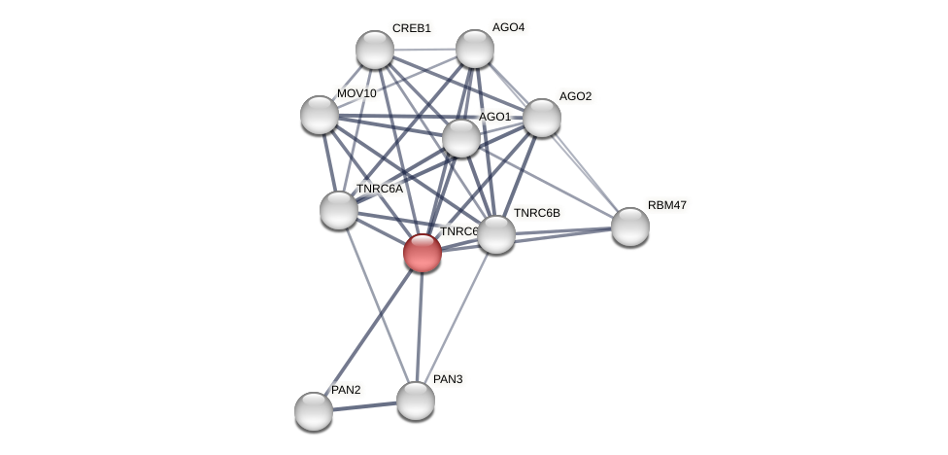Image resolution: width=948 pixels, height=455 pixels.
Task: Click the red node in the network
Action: point(423,253)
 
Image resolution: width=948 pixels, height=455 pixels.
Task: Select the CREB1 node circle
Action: point(375,50)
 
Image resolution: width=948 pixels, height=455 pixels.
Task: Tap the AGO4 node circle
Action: point(475,49)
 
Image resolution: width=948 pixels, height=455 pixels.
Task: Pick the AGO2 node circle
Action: point(542,118)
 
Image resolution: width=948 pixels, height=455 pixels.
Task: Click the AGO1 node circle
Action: point(461,138)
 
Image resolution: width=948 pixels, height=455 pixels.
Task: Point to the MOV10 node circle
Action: point(320,115)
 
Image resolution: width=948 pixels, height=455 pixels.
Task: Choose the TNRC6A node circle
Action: point(339,210)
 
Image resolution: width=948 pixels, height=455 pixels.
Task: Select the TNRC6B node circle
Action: point(496,234)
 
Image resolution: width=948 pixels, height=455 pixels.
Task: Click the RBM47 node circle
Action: point(630,227)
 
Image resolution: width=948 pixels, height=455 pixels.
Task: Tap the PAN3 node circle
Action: point(416,401)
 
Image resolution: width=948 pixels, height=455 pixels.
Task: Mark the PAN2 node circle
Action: point(314,411)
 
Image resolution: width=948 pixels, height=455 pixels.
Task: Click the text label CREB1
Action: point(412,28)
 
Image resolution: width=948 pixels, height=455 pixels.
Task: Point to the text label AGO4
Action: point(508,27)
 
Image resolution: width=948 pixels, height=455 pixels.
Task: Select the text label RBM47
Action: point(667,205)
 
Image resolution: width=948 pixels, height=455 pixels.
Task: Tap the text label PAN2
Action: point(346,390)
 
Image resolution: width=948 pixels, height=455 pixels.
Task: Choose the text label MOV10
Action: point(356,93)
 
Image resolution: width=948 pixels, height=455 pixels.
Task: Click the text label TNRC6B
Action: point(537,213)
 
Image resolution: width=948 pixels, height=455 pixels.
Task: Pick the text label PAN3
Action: point(448,379)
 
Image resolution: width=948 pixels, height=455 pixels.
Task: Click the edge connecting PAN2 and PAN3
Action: point(364,406)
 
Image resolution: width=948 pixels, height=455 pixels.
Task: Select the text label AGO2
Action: point(575,96)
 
